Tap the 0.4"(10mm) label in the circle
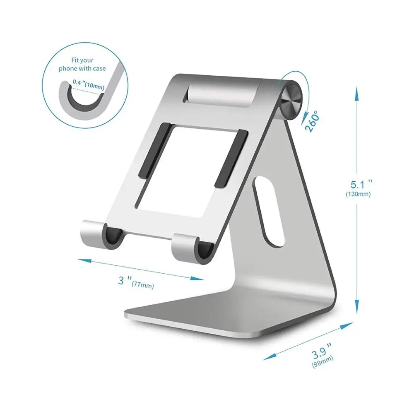point(88,84)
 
